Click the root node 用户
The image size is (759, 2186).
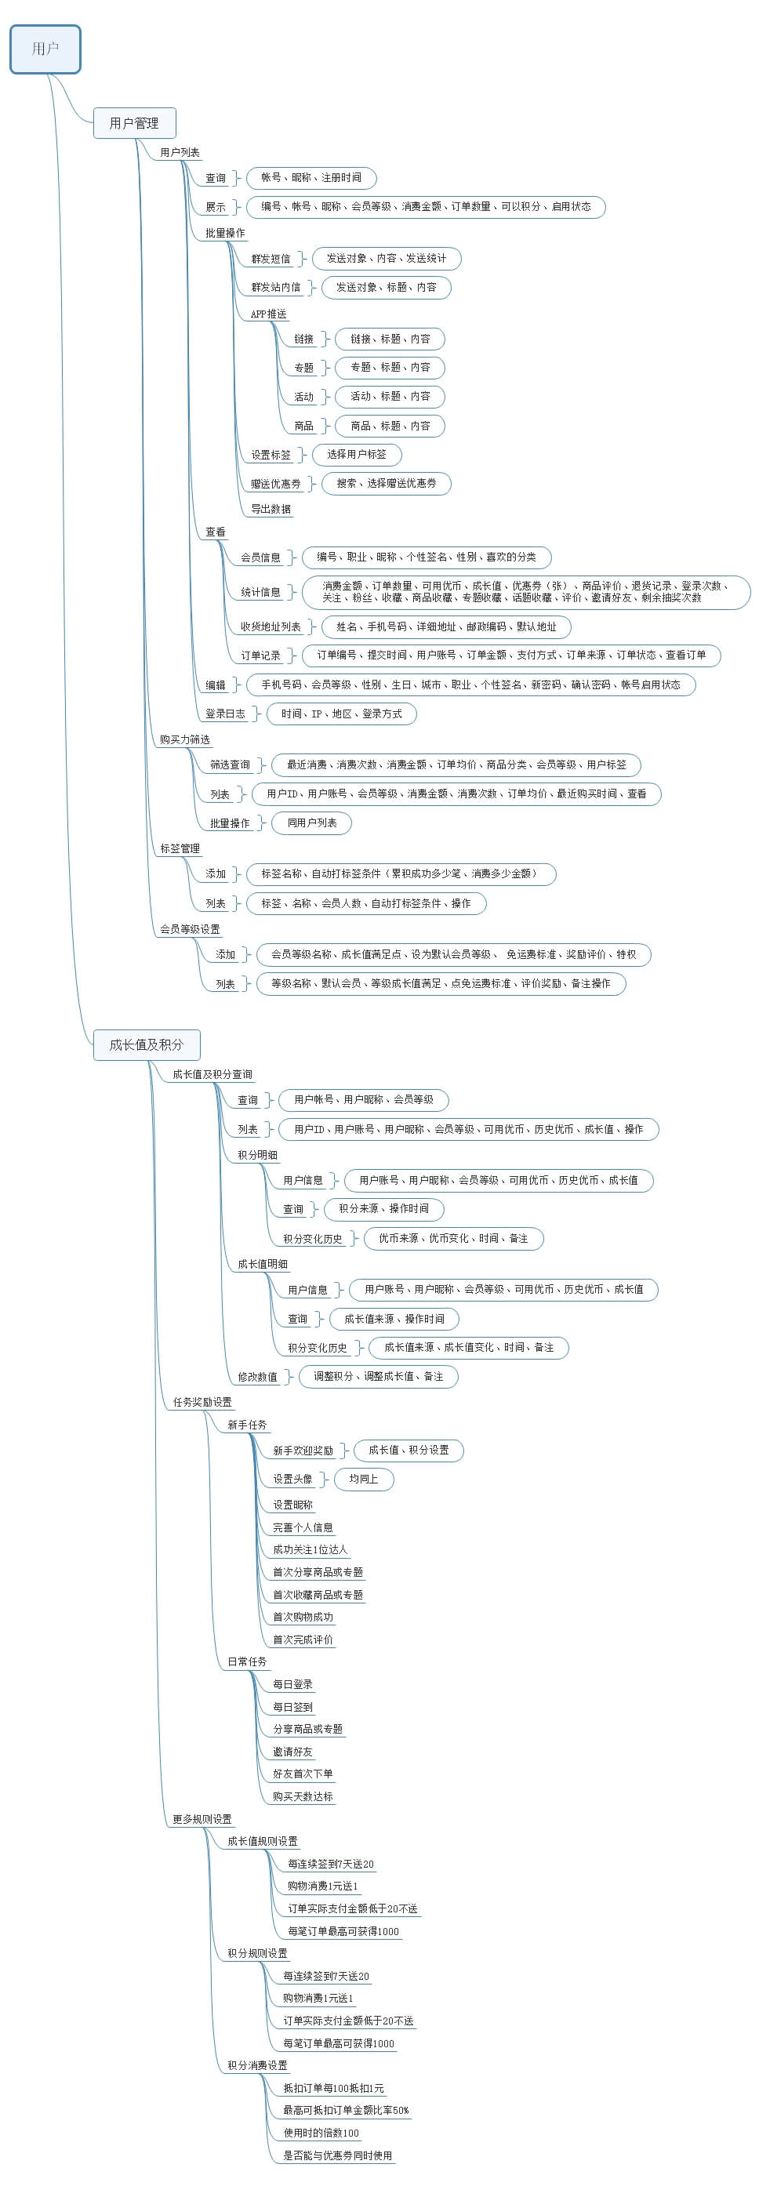pos(45,49)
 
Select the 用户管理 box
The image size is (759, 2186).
pos(134,123)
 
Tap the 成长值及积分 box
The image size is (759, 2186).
pos(146,1044)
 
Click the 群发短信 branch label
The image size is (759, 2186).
pos(271,259)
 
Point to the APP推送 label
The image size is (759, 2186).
pos(268,314)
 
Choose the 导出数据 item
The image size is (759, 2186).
pos(271,509)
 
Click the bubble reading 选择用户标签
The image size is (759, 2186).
pos(357,454)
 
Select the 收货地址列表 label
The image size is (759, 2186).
pos(270,626)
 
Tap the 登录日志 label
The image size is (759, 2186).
pos(225,714)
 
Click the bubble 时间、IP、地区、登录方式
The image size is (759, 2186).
pos(341,714)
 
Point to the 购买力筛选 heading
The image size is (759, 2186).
pos(184,739)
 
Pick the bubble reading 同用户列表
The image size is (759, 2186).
pos(311,822)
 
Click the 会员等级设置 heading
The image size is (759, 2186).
pos(189,929)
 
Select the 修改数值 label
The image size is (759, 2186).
pos(257,1376)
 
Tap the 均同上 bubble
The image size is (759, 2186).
pos(363,1479)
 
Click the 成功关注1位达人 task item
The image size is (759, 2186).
pos(310,1549)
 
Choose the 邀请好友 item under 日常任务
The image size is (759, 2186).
pos(292,1752)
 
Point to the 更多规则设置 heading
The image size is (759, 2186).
pos(202,1819)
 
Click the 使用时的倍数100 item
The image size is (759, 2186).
pos(321,2133)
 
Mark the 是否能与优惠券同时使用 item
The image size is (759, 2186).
pos(337,2155)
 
